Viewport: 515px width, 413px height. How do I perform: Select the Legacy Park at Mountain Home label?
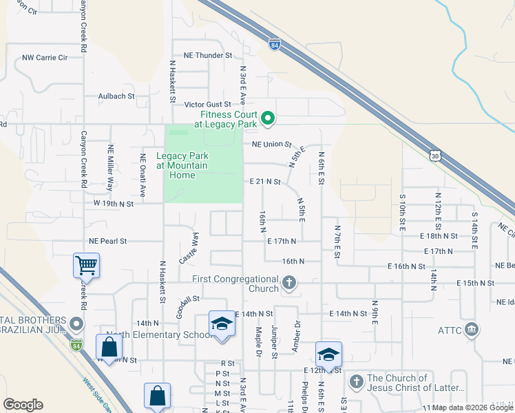point(182,165)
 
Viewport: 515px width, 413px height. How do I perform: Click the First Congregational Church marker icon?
point(290,282)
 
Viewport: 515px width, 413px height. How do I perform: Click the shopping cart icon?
point(86,264)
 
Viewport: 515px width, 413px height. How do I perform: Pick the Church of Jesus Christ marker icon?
point(356,381)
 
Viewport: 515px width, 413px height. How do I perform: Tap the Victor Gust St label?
point(207,104)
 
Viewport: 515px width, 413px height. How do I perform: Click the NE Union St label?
point(273,145)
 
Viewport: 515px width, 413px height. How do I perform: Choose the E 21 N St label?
point(265,182)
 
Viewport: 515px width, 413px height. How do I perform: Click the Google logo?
point(23,405)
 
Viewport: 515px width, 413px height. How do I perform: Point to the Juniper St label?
point(274,342)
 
